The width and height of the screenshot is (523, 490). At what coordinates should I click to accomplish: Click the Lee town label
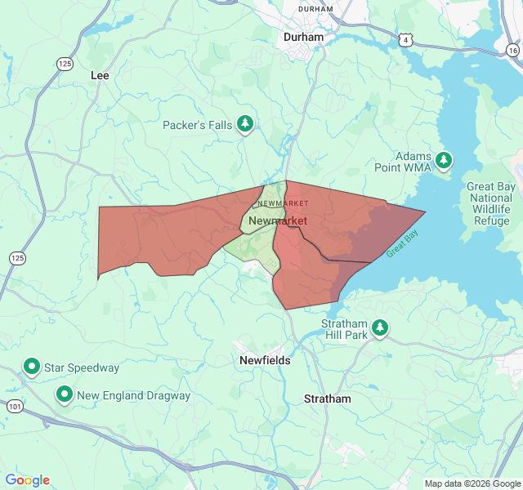click(99, 74)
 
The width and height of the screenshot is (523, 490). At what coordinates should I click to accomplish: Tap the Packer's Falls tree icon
click(244, 125)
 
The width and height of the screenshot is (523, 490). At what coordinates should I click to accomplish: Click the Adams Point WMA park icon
click(444, 160)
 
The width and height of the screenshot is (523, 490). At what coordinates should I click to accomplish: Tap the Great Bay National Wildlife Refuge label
click(490, 203)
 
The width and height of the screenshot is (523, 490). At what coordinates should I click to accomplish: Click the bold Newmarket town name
click(278, 221)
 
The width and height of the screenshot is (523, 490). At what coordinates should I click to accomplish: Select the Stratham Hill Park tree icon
click(380, 328)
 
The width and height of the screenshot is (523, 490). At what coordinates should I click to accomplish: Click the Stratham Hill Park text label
click(343, 328)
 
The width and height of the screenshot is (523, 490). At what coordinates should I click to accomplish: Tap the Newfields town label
click(264, 360)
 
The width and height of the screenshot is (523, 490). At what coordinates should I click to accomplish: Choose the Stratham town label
click(327, 399)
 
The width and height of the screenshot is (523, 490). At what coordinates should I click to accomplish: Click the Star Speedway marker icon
click(32, 367)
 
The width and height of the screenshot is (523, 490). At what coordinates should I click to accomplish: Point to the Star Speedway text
click(82, 368)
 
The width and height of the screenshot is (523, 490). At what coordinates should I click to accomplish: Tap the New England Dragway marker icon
click(65, 395)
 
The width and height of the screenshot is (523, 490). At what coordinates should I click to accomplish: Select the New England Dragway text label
click(133, 396)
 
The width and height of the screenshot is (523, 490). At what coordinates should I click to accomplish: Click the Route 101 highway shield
click(14, 406)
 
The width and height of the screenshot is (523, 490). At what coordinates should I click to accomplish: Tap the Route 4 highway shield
click(405, 39)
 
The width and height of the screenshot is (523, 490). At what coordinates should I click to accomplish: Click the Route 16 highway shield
click(512, 50)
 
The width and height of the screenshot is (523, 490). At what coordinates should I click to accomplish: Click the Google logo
click(27, 480)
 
